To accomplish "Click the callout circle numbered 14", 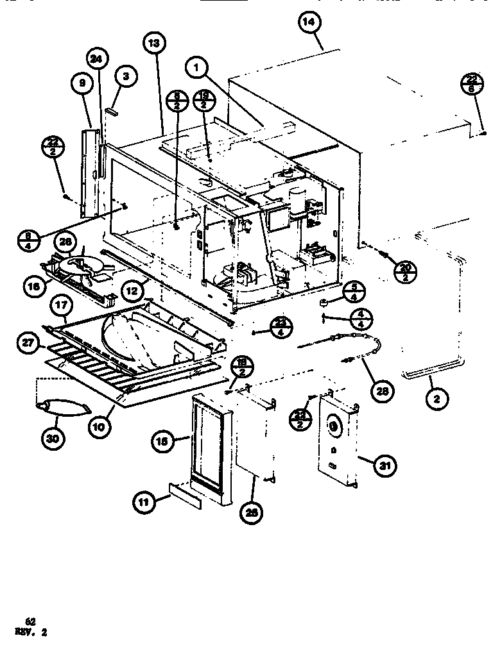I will (309, 23).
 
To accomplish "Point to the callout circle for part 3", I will (125, 76).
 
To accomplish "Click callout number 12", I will (132, 291).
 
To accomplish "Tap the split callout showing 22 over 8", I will (472, 83).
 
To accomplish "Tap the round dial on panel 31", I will (333, 424).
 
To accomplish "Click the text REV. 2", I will (30, 631).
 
